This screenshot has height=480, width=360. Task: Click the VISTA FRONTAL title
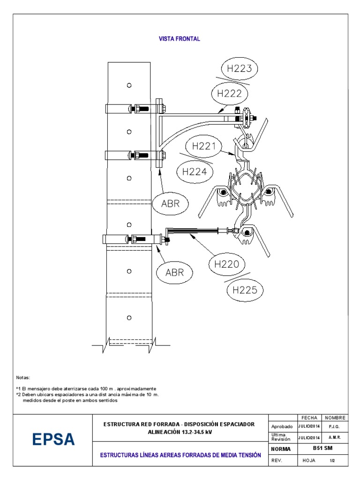click(x=180, y=39)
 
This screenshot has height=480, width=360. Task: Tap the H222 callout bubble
click(x=230, y=93)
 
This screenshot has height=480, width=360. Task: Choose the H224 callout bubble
click(x=195, y=172)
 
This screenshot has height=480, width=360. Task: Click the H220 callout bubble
click(x=226, y=264)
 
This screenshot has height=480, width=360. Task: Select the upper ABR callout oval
click(x=171, y=204)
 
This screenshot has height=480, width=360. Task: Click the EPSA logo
click(x=53, y=440)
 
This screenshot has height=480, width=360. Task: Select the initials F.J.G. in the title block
click(x=335, y=427)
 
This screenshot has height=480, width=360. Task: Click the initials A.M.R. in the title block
click(x=335, y=437)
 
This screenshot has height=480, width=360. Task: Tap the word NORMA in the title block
click(x=282, y=449)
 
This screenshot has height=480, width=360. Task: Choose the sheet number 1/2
click(x=332, y=460)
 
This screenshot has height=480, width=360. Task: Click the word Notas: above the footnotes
click(x=23, y=377)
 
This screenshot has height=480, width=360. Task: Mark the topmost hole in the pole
click(x=129, y=85)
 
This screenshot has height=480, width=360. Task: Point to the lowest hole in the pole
click(x=129, y=318)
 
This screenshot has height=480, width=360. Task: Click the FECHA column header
click(x=309, y=418)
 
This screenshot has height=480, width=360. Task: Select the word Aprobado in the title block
click(x=282, y=427)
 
